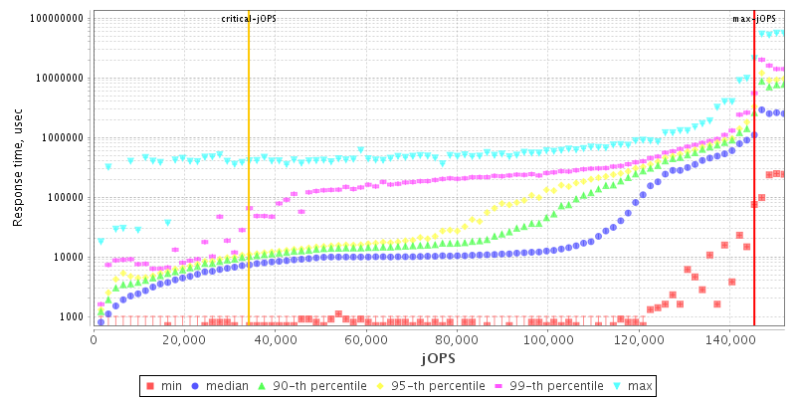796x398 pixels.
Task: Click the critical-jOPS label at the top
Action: [x=249, y=19]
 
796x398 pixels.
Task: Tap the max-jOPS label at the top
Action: [x=753, y=19]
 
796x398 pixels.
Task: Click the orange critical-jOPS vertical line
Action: [x=249, y=199]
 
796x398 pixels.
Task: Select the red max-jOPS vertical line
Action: [x=754, y=199]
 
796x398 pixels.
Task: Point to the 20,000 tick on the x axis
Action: [x=184, y=340]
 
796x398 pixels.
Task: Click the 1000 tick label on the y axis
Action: [x=71, y=317]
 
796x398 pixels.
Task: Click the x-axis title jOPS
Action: [x=438, y=357]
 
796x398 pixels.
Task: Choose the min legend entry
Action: [x=163, y=385]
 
